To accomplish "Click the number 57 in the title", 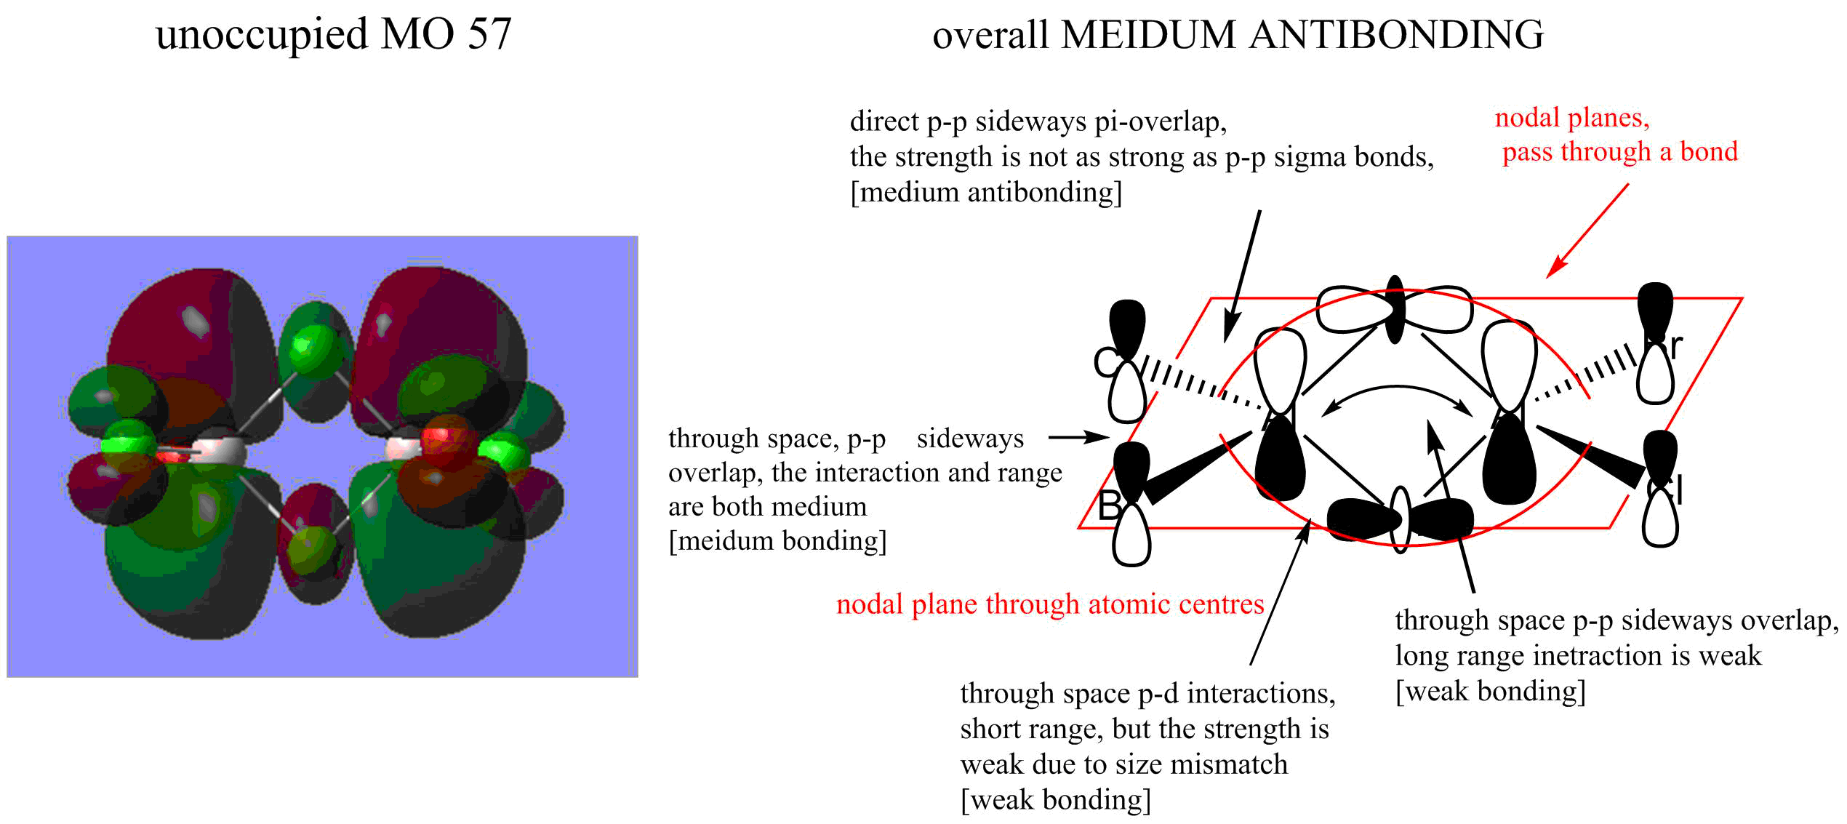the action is pos(490,34).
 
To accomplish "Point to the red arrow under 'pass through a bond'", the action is pos(1587,230).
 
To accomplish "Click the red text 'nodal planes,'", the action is pos(1572,118).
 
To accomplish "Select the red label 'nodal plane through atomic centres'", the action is pos(1050,604).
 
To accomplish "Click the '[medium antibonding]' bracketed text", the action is pos(986,192).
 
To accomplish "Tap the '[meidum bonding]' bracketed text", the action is pos(777,541).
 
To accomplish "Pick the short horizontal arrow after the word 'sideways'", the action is pos(1079,437).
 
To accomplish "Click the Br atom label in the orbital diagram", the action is pos(1666,347).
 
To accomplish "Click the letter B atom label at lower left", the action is pos(1110,505).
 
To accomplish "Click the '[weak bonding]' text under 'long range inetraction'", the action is pos(1491,691).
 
